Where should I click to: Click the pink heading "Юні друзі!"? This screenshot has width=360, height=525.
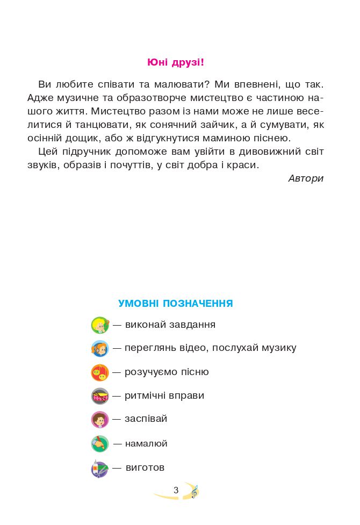point(176,62)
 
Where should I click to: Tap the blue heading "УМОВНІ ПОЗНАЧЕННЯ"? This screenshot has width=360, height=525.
point(176,304)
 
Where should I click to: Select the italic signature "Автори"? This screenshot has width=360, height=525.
point(306,178)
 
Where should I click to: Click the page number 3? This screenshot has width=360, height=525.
point(176,490)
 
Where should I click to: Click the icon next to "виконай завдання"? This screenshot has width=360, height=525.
point(100,325)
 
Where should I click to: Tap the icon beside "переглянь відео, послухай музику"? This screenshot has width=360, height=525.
point(100,349)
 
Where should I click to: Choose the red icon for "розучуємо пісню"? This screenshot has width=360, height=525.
point(100,372)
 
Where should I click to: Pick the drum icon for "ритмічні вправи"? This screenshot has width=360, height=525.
point(100,396)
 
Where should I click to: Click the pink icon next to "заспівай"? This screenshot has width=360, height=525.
point(100,419)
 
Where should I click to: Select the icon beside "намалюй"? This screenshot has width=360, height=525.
point(100,444)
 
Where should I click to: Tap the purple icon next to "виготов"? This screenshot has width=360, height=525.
point(100,469)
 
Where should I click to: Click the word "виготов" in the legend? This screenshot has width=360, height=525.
point(145,468)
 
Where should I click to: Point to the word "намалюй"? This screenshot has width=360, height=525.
point(146,444)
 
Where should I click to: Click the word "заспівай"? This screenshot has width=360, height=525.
point(146,419)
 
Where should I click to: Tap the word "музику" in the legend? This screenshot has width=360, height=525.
point(279,348)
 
